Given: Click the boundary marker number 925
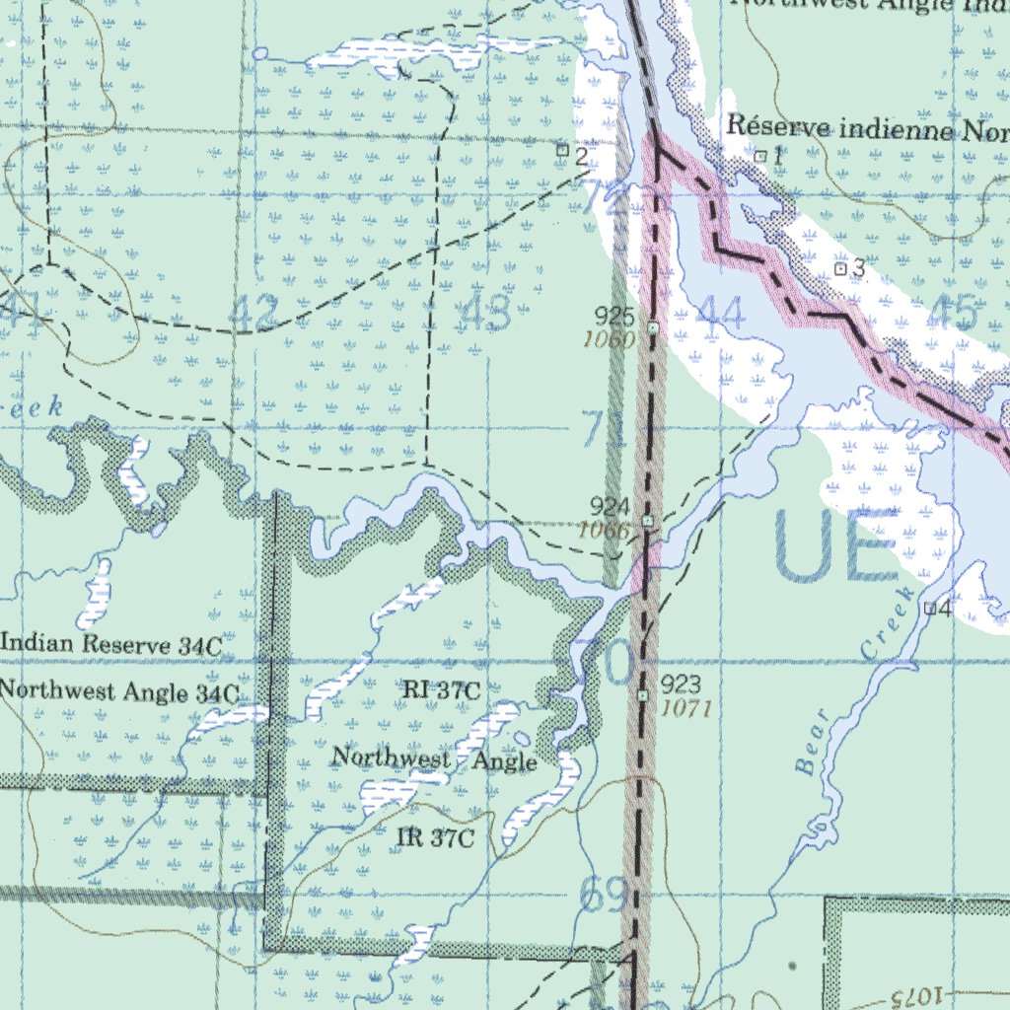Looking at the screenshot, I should point(613,317).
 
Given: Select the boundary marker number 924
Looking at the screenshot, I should point(610,507).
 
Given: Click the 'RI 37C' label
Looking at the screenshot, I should point(441,691).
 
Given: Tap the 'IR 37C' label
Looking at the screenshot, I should point(435,838).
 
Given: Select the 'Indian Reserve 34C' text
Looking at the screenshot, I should point(111,645).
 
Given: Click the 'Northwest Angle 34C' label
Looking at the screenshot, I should point(119,692).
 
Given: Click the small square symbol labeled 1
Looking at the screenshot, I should point(760,156).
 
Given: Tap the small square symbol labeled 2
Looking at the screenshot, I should point(563,151).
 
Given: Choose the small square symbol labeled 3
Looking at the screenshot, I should point(841,267).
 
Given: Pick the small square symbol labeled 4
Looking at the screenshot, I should point(929,608).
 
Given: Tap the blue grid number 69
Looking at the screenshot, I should point(605,894).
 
